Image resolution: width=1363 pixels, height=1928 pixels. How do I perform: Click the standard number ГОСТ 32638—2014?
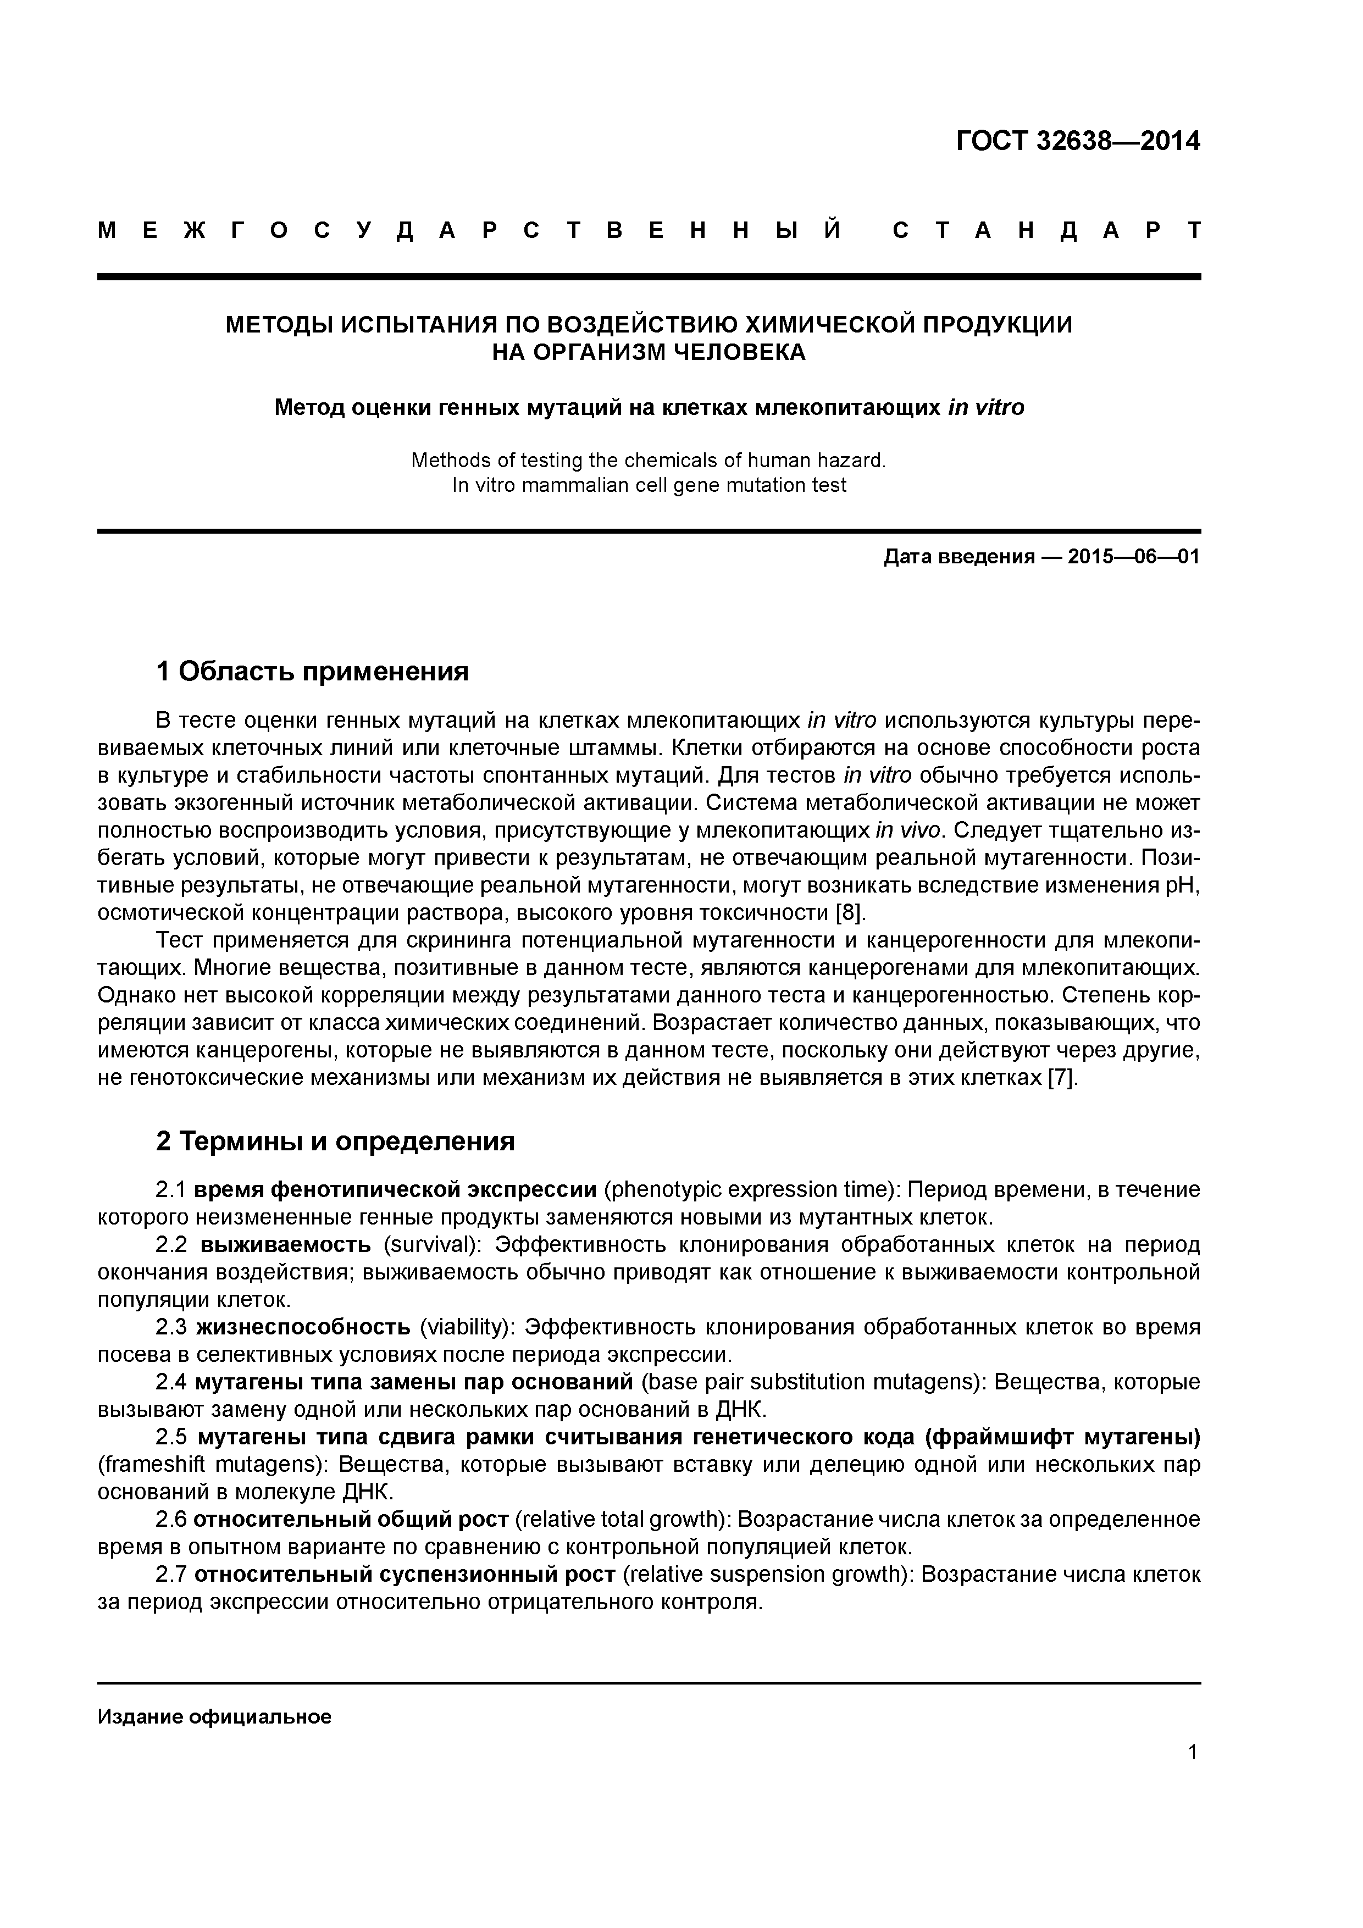pyautogui.click(x=1078, y=141)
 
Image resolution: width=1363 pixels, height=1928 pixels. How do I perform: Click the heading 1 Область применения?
pyautogui.click(x=312, y=671)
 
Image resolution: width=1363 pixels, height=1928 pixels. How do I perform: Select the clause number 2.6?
pyautogui.click(x=171, y=1519)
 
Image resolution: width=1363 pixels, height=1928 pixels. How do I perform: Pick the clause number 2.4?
pyautogui.click(x=171, y=1382)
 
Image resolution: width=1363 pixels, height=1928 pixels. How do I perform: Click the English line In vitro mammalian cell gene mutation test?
pyautogui.click(x=649, y=485)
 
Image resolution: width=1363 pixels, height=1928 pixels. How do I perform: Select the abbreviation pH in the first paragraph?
pyautogui.click(x=1184, y=885)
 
